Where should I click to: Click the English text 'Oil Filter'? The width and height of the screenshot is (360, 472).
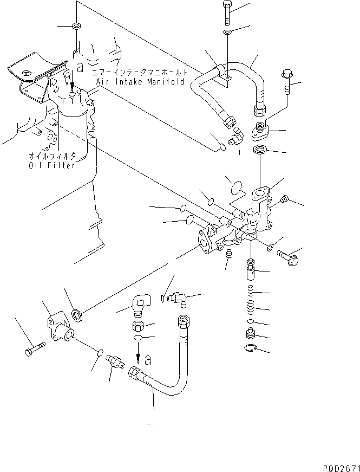pos(52,165)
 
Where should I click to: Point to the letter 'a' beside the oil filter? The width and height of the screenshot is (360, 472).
pos(80,69)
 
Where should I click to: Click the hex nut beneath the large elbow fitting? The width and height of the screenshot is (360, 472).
pos(138,326)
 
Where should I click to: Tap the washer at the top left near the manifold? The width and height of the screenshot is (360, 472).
pos(77,25)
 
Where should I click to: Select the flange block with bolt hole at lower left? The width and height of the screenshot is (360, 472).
pos(57,327)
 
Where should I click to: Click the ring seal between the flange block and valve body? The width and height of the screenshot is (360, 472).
pos(77,313)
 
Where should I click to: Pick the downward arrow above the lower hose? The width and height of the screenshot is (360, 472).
pos(138,358)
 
